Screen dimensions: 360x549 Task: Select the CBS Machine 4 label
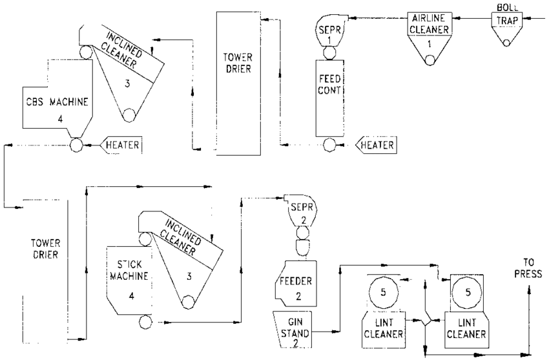(54, 108)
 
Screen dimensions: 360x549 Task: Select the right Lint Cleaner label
(466, 328)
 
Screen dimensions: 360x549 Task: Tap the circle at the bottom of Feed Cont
(330, 145)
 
